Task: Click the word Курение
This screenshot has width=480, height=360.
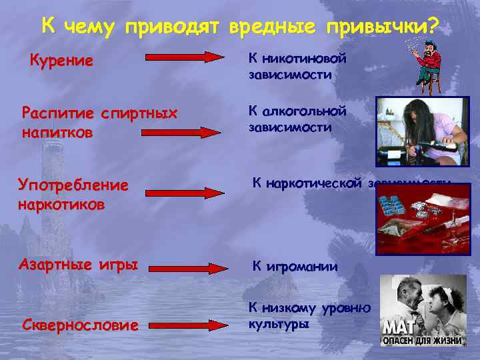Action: tap(61, 61)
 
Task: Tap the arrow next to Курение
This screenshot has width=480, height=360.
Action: tap(186, 57)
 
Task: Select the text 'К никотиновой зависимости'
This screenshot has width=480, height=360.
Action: tap(297, 66)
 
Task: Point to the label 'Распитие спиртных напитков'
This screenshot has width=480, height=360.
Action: tap(99, 123)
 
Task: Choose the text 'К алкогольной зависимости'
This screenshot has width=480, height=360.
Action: tap(297, 118)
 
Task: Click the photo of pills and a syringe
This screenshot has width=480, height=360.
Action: tap(419, 217)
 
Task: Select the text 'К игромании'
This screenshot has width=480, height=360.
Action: tap(294, 267)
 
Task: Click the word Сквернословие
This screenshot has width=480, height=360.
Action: tap(80, 325)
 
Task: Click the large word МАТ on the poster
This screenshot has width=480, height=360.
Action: tap(398, 327)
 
